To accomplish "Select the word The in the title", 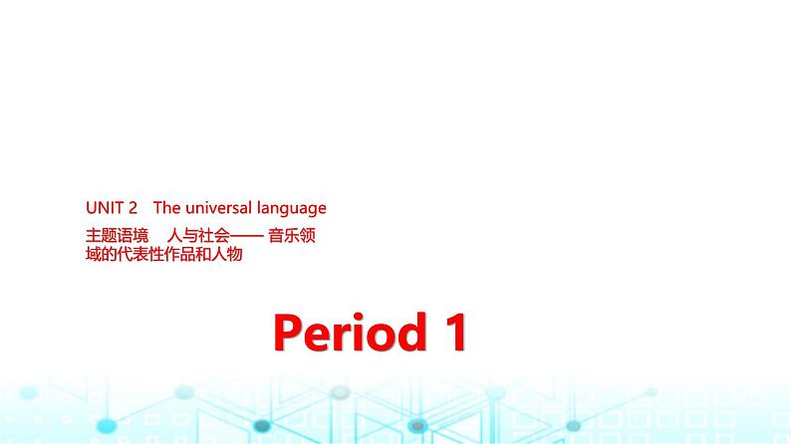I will [x=166, y=208].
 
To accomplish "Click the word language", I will [x=292, y=209].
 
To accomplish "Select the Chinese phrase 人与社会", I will [x=198, y=236].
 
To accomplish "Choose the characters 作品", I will [x=178, y=253].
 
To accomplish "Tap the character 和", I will [x=205, y=253].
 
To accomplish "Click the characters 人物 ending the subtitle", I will [x=226, y=253].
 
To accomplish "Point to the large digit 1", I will [x=454, y=333].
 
